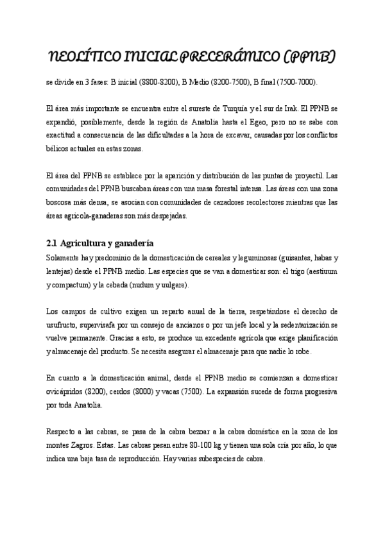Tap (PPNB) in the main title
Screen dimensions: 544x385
click(311, 58)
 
